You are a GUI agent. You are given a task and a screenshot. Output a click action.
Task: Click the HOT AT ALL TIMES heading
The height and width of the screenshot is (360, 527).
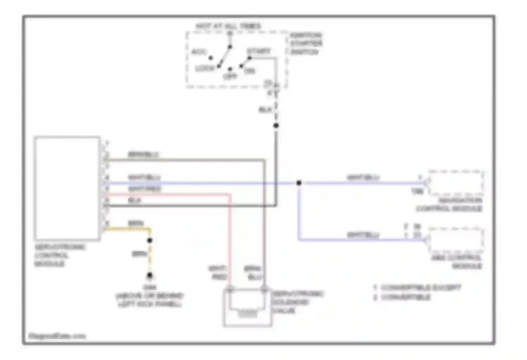click(x=228, y=26)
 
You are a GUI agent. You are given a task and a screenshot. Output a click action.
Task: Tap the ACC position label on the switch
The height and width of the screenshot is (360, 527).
click(x=199, y=52)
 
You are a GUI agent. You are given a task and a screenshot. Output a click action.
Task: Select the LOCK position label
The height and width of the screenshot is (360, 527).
click(x=205, y=68)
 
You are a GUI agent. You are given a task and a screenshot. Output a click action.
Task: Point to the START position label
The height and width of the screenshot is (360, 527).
click(x=259, y=51)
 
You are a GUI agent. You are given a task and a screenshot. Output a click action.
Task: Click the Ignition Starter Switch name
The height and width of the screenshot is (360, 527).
click(x=306, y=44)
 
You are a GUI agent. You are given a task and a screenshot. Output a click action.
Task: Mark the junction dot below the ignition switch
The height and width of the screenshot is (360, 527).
click(x=276, y=126)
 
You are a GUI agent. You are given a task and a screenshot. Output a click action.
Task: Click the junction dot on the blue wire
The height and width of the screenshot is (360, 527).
click(x=299, y=183)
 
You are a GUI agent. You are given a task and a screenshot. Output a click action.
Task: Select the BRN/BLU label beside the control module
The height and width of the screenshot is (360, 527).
click(x=143, y=154)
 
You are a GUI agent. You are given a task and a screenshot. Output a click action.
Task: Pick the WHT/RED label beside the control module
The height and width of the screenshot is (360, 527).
click(x=144, y=189)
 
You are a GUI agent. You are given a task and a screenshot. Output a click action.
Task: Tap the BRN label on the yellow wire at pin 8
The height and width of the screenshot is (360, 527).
click(x=136, y=223)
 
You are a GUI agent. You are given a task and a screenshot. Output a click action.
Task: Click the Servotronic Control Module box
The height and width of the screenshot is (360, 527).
click(x=67, y=188)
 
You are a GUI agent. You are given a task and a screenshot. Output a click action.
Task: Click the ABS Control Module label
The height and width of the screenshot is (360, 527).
click(x=457, y=262)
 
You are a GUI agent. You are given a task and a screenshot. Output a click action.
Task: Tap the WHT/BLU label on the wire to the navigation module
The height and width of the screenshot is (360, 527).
click(x=363, y=177)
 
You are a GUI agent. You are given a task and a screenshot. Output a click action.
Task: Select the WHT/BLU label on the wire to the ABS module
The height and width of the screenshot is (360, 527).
click(x=363, y=234)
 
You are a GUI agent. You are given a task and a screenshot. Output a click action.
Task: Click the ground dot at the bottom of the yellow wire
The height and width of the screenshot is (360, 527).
click(x=150, y=275)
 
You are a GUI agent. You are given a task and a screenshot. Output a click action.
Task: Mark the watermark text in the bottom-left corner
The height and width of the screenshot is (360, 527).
click(x=57, y=336)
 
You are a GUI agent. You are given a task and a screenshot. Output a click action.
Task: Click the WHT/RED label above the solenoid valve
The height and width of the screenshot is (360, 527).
click(x=218, y=273)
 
